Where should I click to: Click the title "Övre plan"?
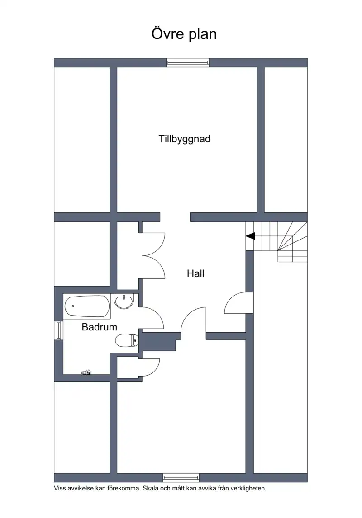[x=184, y=34]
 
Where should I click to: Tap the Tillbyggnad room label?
[x=185, y=139]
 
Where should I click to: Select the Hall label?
[x=195, y=273]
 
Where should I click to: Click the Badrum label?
[x=99, y=327]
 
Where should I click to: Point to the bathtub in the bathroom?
[x=87, y=306]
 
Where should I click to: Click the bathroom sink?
[x=124, y=301]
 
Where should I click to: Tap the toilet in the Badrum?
[x=127, y=341]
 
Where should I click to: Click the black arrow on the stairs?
[x=251, y=236]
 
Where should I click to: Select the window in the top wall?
[x=187, y=62]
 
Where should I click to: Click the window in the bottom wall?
[x=181, y=477]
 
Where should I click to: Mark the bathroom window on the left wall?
[x=58, y=330]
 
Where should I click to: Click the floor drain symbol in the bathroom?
[x=86, y=372]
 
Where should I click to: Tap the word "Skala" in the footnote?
[x=149, y=488]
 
